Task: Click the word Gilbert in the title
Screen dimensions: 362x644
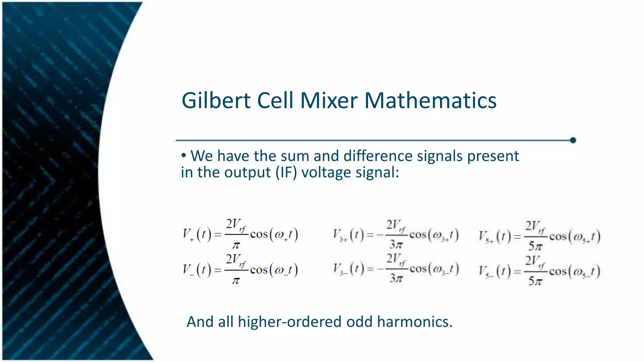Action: (x=216, y=101)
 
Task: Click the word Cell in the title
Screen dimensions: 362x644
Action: (x=275, y=101)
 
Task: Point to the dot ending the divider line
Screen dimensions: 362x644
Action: (x=573, y=140)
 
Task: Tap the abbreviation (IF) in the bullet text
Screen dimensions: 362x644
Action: (x=286, y=172)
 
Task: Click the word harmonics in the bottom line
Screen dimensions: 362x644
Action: (x=415, y=321)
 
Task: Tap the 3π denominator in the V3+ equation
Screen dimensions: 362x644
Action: (x=396, y=244)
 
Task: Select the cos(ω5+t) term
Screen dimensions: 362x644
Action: (x=575, y=237)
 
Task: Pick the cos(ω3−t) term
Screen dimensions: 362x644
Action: (x=434, y=269)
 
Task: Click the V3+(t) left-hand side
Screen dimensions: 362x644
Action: (x=348, y=235)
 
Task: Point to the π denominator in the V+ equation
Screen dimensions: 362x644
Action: (x=236, y=245)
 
